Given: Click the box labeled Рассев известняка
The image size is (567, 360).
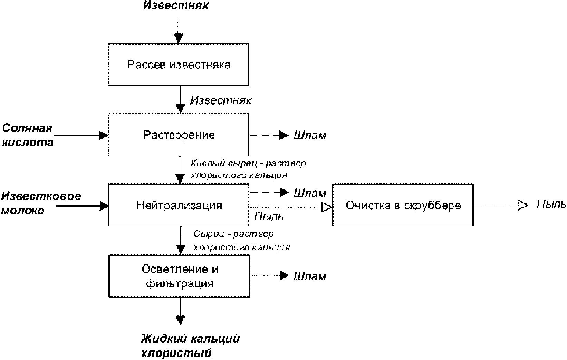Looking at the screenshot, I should coord(178,65).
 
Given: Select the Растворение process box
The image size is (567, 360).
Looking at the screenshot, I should coord(178,135).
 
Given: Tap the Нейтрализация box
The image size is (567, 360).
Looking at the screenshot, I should coord(178,205).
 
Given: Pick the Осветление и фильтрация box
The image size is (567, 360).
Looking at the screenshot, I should coord(179,276).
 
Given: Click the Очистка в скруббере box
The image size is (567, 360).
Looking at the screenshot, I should coord(403,205).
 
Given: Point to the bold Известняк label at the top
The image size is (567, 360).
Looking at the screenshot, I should coord(176,6).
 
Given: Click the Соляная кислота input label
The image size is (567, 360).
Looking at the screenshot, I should coord(28,135).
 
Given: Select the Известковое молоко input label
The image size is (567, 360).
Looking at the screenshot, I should coord(41,203).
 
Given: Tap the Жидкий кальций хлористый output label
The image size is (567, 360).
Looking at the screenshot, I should coord(190,346).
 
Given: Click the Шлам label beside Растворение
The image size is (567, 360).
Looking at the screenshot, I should coord(310,135).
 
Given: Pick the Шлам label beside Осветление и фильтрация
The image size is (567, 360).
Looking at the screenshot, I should coord(310,276).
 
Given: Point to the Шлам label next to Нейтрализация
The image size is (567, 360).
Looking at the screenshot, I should coord(310,193).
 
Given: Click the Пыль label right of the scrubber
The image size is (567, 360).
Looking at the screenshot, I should coord(551,204).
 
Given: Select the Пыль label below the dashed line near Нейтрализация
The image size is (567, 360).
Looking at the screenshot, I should coord(269,217).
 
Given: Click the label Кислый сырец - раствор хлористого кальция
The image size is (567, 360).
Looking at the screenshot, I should coord(248,169).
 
